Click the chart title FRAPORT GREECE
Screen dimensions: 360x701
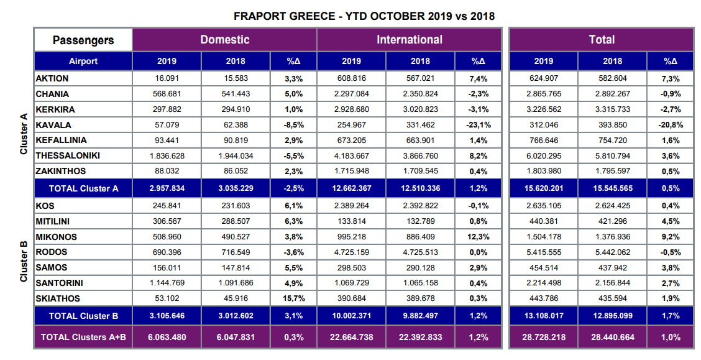[364, 16]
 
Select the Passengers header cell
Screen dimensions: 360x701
[83, 40]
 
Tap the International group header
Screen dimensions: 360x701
[409, 40]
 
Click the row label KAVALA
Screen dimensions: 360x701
[53, 125]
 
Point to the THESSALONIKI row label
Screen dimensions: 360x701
[68, 155]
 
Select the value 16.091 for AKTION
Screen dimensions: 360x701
[167, 79]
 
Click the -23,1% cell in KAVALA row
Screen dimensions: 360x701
[478, 125]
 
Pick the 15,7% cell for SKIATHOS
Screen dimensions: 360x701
[293, 298]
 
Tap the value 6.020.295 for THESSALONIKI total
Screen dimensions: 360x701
[544, 155]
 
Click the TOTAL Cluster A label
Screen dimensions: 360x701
[83, 189]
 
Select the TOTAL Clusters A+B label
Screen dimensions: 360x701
[83, 337]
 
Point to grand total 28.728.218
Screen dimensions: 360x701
[544, 337]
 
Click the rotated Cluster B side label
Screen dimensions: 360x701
[24, 261]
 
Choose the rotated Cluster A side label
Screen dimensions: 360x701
[24, 133]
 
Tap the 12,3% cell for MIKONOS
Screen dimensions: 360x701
[478, 237]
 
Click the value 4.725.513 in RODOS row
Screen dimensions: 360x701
[420, 252]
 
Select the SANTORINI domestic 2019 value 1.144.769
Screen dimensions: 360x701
[167, 284]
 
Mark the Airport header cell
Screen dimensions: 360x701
[83, 61]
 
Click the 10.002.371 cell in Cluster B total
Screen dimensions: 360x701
[351, 316]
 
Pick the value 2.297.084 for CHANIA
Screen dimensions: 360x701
[351, 95]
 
